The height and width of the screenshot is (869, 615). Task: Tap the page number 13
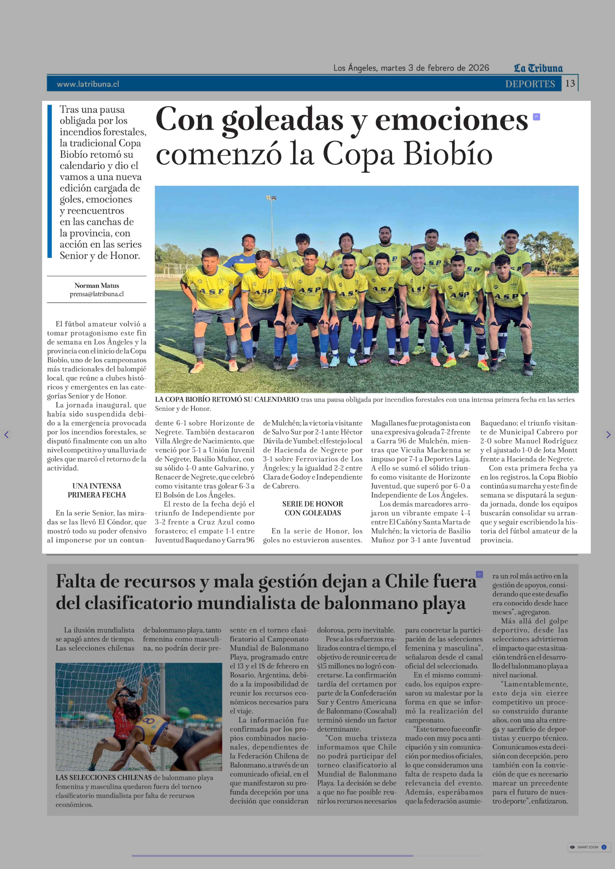coord(570,83)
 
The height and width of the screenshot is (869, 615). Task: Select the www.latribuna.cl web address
coord(88,84)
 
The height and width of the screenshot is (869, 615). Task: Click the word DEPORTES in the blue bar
coord(530,84)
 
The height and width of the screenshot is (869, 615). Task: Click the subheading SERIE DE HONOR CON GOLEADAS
coord(313,508)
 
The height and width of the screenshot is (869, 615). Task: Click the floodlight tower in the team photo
coord(271,199)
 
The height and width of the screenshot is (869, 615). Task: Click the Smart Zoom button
coord(587,847)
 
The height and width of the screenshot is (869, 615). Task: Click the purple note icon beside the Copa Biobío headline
coord(536,117)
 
